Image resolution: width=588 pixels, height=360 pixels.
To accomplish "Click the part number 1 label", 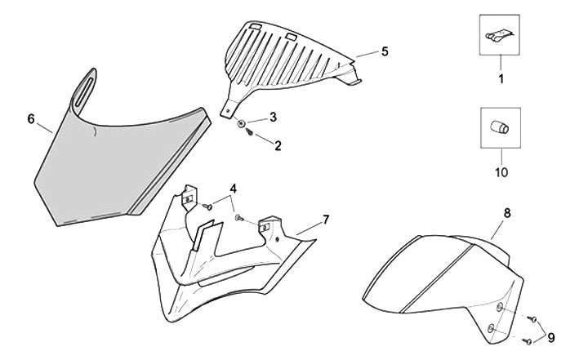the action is point(501,79).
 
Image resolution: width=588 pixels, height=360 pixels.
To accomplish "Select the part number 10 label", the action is point(501,173).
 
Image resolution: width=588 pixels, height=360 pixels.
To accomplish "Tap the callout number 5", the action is point(384,51).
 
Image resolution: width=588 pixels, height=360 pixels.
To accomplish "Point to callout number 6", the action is point(31,119).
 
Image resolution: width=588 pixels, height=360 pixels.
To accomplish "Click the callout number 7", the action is point(325,220).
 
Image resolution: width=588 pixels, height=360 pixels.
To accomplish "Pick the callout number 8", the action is point(506,213).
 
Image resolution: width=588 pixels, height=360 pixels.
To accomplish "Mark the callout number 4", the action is point(234,188).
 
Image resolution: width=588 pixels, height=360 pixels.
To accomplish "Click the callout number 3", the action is point(274,117).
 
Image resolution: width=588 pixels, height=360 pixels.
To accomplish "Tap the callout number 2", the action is point(278,147).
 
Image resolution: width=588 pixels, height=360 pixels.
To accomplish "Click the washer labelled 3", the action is point(243,124).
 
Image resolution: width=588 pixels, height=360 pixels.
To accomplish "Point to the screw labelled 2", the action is point(248,134).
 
